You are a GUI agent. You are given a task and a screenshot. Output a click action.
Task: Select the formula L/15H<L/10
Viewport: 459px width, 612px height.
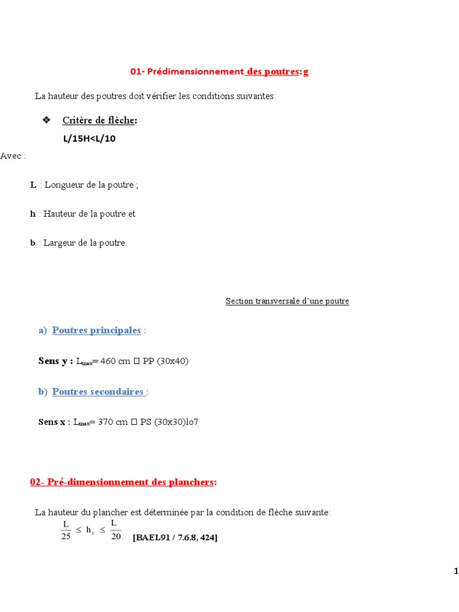(89, 139)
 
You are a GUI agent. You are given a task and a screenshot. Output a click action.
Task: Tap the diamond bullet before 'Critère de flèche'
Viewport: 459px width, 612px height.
(47, 120)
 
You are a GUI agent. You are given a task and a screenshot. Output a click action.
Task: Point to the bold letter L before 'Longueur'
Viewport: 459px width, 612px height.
(33, 185)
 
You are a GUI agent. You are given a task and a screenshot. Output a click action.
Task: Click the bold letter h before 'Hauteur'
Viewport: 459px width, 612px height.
(33, 213)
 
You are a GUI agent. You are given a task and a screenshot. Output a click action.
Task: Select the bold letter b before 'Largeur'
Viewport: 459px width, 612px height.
(33, 243)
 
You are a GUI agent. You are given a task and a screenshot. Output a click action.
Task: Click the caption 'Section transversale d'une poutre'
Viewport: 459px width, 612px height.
(287, 301)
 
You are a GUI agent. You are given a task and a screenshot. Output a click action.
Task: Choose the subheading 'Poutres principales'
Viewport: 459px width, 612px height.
(96, 331)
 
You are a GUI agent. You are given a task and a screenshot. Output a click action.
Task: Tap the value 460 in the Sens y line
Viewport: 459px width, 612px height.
(108, 361)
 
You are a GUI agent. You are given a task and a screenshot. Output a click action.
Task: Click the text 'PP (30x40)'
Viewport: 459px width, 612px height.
(166, 361)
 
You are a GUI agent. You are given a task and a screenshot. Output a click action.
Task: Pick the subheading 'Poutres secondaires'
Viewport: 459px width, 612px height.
(99, 391)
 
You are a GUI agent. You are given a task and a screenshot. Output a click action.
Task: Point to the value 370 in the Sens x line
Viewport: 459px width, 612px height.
(105, 422)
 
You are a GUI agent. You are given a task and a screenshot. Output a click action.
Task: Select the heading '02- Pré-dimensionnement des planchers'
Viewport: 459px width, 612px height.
(122, 482)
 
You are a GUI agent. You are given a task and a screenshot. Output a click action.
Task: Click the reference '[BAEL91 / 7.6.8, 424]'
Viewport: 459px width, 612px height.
(175, 537)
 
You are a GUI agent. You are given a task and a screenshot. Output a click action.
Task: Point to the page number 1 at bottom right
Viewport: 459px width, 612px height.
(456, 572)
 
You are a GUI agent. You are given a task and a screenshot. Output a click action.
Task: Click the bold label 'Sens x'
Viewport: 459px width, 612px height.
(52, 422)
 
